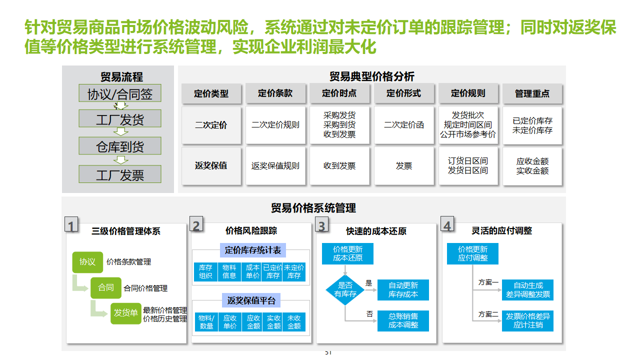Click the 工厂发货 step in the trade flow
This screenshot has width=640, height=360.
119,119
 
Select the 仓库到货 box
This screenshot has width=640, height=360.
119,146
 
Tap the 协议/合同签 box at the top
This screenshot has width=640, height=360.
119,93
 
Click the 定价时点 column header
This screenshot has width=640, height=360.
339,93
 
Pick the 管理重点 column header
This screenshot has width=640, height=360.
532,93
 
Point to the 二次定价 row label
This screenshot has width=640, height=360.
211,125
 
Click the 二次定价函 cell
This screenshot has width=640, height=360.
404,125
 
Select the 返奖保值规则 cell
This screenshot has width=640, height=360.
275,165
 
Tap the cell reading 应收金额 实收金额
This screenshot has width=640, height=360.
532,166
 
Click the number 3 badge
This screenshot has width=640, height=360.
321,226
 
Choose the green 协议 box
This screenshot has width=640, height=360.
87,261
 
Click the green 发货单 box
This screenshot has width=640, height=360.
125,313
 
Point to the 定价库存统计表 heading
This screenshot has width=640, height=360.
253,250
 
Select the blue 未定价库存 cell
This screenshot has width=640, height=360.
294,271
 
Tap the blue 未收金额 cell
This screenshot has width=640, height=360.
294,322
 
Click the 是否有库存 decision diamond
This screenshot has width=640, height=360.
345,289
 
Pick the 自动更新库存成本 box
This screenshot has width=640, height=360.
403,290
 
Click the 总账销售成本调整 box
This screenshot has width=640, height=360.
403,320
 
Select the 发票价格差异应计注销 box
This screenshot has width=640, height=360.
527,320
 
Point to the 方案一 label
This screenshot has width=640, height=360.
488,282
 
